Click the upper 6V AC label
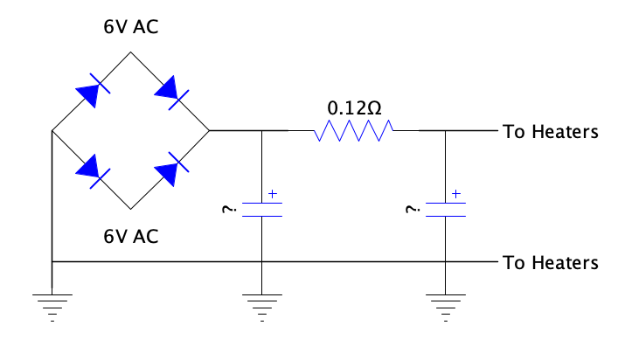point(131,27)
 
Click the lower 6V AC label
point(131,236)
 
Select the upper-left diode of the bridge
point(93,91)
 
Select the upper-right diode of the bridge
point(171,92)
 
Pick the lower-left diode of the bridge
point(93,171)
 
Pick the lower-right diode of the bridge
point(171,169)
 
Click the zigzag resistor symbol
point(353,130)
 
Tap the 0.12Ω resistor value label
point(354,108)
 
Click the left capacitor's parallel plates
point(262,210)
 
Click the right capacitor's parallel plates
point(446,210)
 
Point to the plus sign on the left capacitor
point(273,193)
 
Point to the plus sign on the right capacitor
point(456,193)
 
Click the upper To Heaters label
point(551,132)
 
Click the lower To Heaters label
point(551,263)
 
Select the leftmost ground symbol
point(52,308)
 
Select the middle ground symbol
point(262,308)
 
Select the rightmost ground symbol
point(446,308)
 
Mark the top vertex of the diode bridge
point(131,52)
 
